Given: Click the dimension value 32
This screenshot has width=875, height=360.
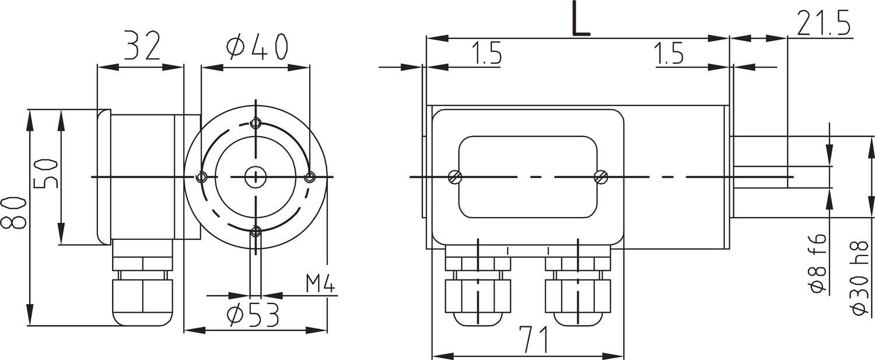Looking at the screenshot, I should [x=141, y=47].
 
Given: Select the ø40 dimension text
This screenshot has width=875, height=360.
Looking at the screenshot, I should [x=257, y=47].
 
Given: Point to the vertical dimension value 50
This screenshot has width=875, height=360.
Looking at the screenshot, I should [x=45, y=174].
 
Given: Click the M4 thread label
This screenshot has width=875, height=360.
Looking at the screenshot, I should [x=320, y=285].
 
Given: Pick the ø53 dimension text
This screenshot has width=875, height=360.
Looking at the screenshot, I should [x=253, y=316].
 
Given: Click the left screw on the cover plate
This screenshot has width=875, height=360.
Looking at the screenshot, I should [x=456, y=177].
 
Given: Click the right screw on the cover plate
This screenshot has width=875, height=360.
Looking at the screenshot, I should [x=600, y=177].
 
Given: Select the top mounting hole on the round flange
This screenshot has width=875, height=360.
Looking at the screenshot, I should [x=255, y=123].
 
